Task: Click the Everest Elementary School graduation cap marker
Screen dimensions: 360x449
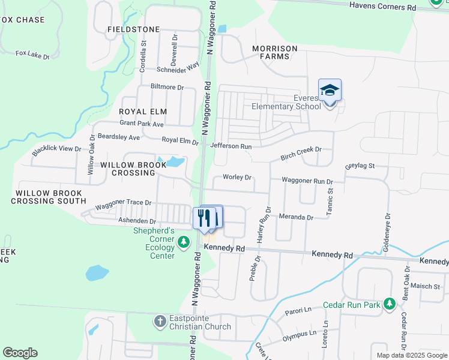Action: click(330, 90)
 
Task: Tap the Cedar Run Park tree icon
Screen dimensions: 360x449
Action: click(390, 304)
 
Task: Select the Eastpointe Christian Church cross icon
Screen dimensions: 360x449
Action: click(160, 322)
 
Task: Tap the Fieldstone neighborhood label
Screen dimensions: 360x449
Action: click(133, 29)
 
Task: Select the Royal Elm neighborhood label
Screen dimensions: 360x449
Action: click(142, 112)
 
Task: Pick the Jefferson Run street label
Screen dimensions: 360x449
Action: click(231, 146)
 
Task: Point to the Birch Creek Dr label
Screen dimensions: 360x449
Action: click(301, 154)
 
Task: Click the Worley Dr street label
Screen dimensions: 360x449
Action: click(237, 178)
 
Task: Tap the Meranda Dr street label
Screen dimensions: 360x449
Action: click(297, 217)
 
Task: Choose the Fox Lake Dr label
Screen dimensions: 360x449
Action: click(32, 55)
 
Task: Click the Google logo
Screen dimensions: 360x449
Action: click(20, 353)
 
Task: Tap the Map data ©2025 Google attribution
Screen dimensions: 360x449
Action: click(411, 355)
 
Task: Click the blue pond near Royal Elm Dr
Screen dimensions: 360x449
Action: click(174, 161)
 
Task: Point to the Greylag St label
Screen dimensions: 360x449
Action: click(360, 166)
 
